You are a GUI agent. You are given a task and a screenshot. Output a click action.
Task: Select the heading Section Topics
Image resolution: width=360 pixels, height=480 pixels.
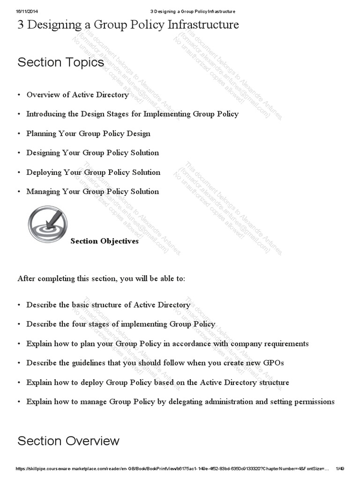[60, 62]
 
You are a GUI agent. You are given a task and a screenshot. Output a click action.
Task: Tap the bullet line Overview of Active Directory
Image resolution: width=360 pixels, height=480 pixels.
[77, 95]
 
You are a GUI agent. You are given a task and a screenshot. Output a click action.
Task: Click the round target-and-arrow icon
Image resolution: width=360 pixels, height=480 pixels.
[47, 224]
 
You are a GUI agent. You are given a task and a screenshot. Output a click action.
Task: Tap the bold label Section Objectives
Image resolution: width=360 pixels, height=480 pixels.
[105, 241]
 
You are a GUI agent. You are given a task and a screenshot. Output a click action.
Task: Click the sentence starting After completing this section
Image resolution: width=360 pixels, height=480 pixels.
[101, 278]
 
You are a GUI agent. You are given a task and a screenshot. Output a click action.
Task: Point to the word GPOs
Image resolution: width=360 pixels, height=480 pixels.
[274, 363]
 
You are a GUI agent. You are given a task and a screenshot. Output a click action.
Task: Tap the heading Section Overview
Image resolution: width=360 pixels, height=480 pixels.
[68, 441]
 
